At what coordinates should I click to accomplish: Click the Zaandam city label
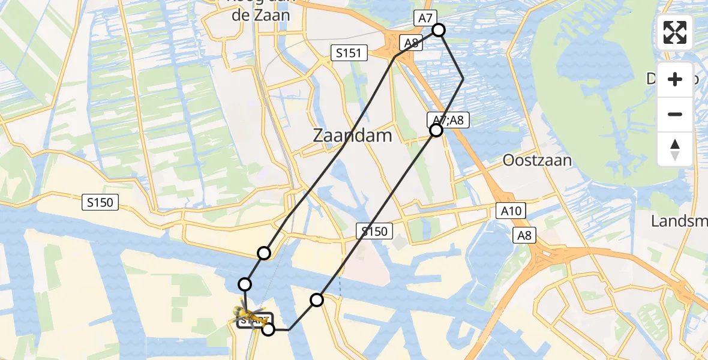pos(352,136)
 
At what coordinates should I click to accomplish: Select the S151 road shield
pos(349,53)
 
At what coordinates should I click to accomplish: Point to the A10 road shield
pos(511,211)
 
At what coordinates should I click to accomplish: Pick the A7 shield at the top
pos(425,19)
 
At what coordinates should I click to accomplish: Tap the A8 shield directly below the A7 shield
pos(411,43)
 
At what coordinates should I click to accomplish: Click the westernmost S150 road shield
pos(100,203)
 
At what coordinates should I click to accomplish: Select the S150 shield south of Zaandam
pos(374,231)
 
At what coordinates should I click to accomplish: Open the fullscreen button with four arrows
pos(675,32)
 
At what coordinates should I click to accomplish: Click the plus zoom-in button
pos(675,80)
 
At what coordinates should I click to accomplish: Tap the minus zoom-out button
pos(675,114)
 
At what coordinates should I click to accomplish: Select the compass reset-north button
pos(675,148)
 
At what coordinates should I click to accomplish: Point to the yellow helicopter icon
pos(247,313)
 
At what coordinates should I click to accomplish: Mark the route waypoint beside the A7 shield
pos(439,30)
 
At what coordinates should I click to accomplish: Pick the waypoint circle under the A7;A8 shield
pos(436,130)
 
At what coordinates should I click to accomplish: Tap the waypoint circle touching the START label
pos(268,329)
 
